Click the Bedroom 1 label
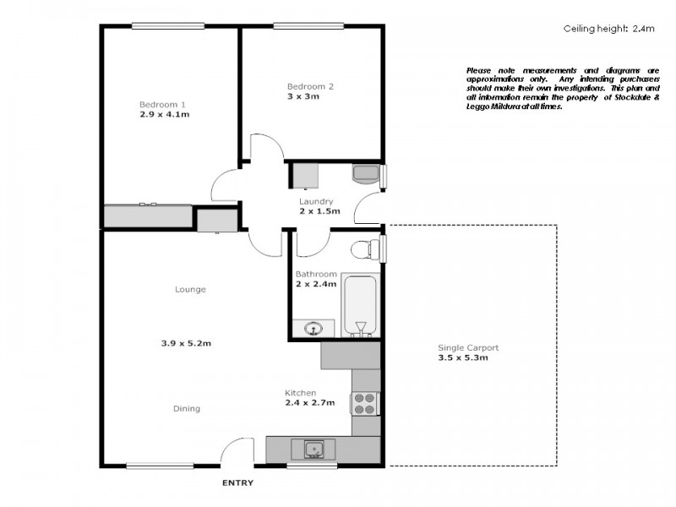click(164, 105)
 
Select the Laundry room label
click(319, 202)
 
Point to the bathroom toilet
click(363, 249)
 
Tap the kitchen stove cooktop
click(365, 404)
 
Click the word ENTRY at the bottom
click(237, 483)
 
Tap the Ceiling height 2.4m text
click(608, 29)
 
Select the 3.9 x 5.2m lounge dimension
click(186, 343)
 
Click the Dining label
click(187, 409)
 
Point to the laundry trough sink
click(366, 175)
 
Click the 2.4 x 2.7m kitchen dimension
click(310, 403)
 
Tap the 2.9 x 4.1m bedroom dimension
click(164, 114)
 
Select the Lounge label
click(190, 290)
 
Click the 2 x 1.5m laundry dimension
click(319, 211)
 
